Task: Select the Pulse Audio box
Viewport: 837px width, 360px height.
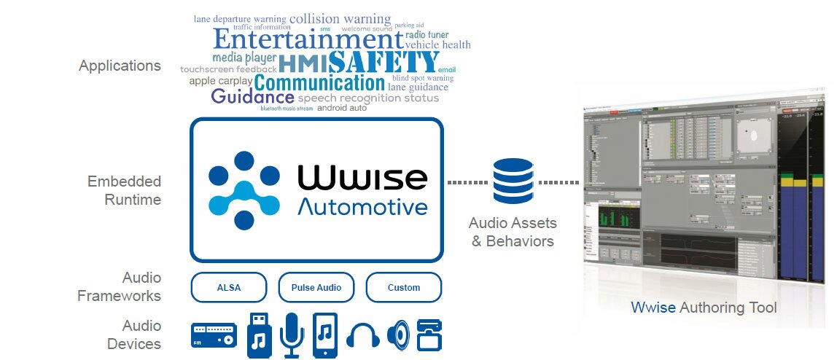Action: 316,287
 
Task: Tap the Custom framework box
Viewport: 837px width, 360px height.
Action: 403,287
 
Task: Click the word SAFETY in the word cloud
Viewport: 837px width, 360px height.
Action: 384,62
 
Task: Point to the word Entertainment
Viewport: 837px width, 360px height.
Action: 308,39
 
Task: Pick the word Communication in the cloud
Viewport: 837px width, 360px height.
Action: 319,82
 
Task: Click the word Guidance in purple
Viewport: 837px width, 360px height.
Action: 252,97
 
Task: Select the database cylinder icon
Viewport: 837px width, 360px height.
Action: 513,182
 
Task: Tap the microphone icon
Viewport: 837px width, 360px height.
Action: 292,334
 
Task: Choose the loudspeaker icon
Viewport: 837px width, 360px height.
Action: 398,335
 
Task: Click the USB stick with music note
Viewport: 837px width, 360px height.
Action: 259,334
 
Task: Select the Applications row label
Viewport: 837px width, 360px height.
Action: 120,66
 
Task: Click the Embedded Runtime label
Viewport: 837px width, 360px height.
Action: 124,189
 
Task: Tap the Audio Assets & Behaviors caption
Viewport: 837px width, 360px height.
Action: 513,232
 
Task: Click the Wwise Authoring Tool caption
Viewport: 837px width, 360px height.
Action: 704,308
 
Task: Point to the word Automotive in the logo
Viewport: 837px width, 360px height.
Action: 362,206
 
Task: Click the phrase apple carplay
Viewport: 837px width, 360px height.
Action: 220,81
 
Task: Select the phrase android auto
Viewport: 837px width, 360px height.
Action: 342,107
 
